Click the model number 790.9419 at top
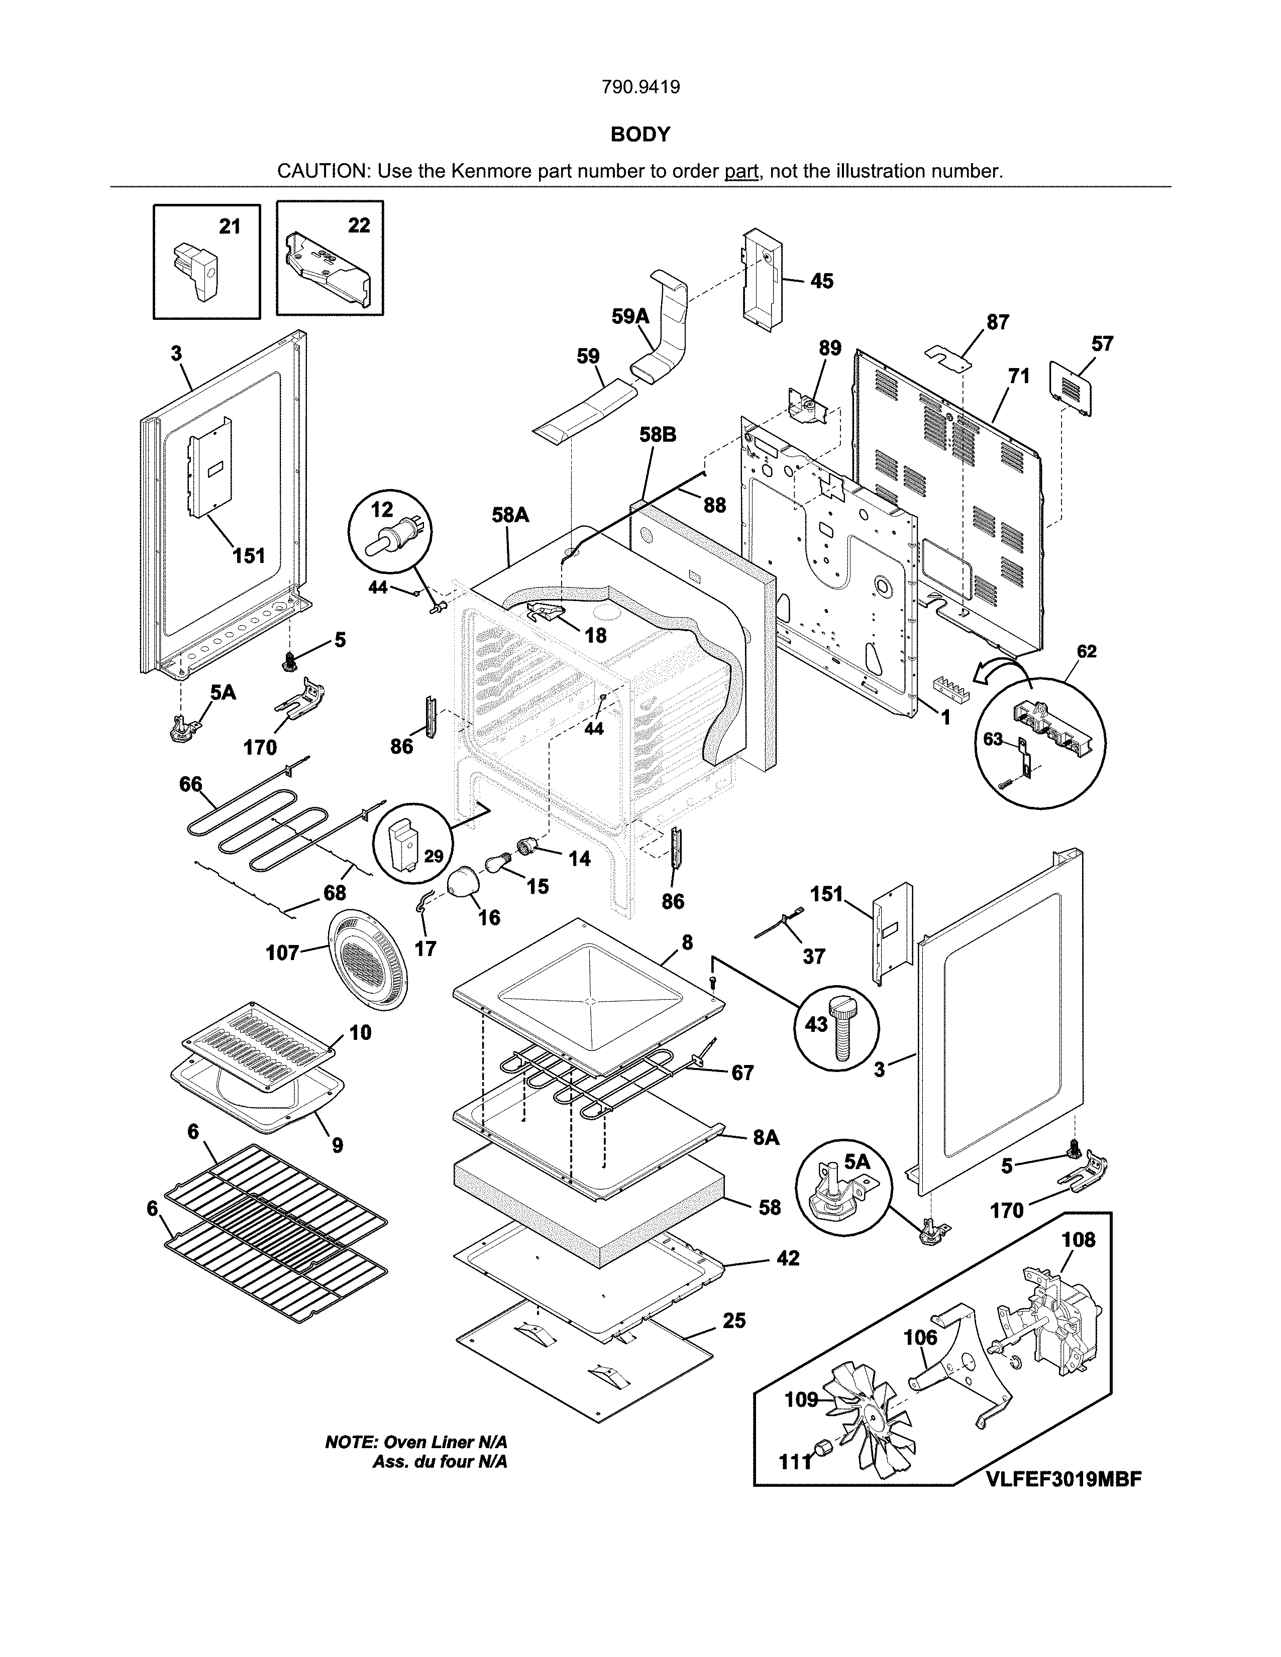640,87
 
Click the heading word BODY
640,134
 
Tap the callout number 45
821,282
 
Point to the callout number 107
282,953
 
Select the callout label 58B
657,435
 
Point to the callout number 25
734,1321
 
